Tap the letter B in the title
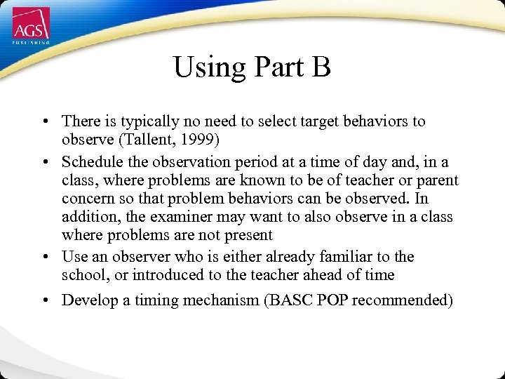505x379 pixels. (x=320, y=67)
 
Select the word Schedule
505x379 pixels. (x=90, y=162)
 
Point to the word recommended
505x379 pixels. (x=402, y=300)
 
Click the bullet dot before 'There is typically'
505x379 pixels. (x=45, y=122)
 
